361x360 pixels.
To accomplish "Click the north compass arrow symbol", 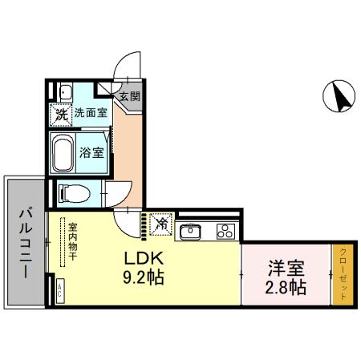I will pos(339,97).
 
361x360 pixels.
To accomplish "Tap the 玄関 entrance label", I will pos(129,96).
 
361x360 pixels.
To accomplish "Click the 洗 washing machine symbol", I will pos(62,115).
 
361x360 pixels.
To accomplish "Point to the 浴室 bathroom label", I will pos(91,152).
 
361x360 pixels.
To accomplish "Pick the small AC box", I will pos(59,292).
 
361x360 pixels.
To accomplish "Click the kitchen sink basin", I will pos(191,233).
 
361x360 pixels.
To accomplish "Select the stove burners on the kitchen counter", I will pos(224,233).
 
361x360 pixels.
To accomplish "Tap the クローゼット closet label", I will pos(343,273).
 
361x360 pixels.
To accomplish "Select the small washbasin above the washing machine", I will pos(64,90).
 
